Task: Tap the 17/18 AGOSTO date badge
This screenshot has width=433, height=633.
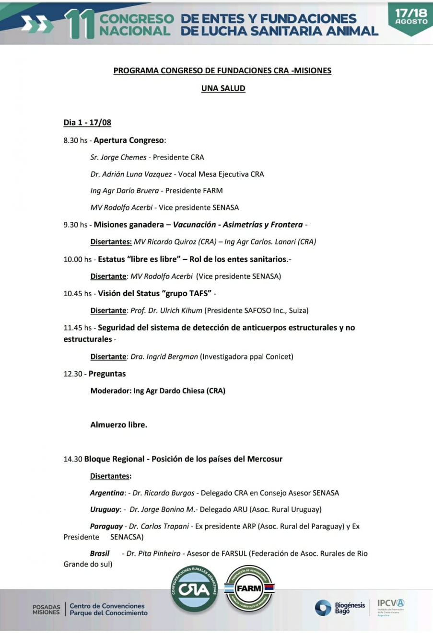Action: point(411,18)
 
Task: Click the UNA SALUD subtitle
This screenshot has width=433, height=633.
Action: point(223,88)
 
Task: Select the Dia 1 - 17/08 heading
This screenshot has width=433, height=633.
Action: point(87,122)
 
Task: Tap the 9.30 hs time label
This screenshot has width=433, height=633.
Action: point(75,225)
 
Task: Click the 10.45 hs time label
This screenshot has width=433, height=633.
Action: point(77,293)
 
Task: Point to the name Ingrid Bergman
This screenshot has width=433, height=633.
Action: point(171,357)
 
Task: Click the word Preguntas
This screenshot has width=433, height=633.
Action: point(107,374)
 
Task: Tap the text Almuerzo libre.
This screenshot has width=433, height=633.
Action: point(118,425)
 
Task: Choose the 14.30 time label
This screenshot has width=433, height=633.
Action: point(73,459)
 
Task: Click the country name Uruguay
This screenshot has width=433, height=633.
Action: point(105,509)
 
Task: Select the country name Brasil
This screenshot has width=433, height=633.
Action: point(100,553)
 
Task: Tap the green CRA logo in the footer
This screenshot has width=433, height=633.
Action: point(194,589)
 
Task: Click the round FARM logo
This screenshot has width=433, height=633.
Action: point(249,589)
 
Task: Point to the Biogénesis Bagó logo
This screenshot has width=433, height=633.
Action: point(340,608)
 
